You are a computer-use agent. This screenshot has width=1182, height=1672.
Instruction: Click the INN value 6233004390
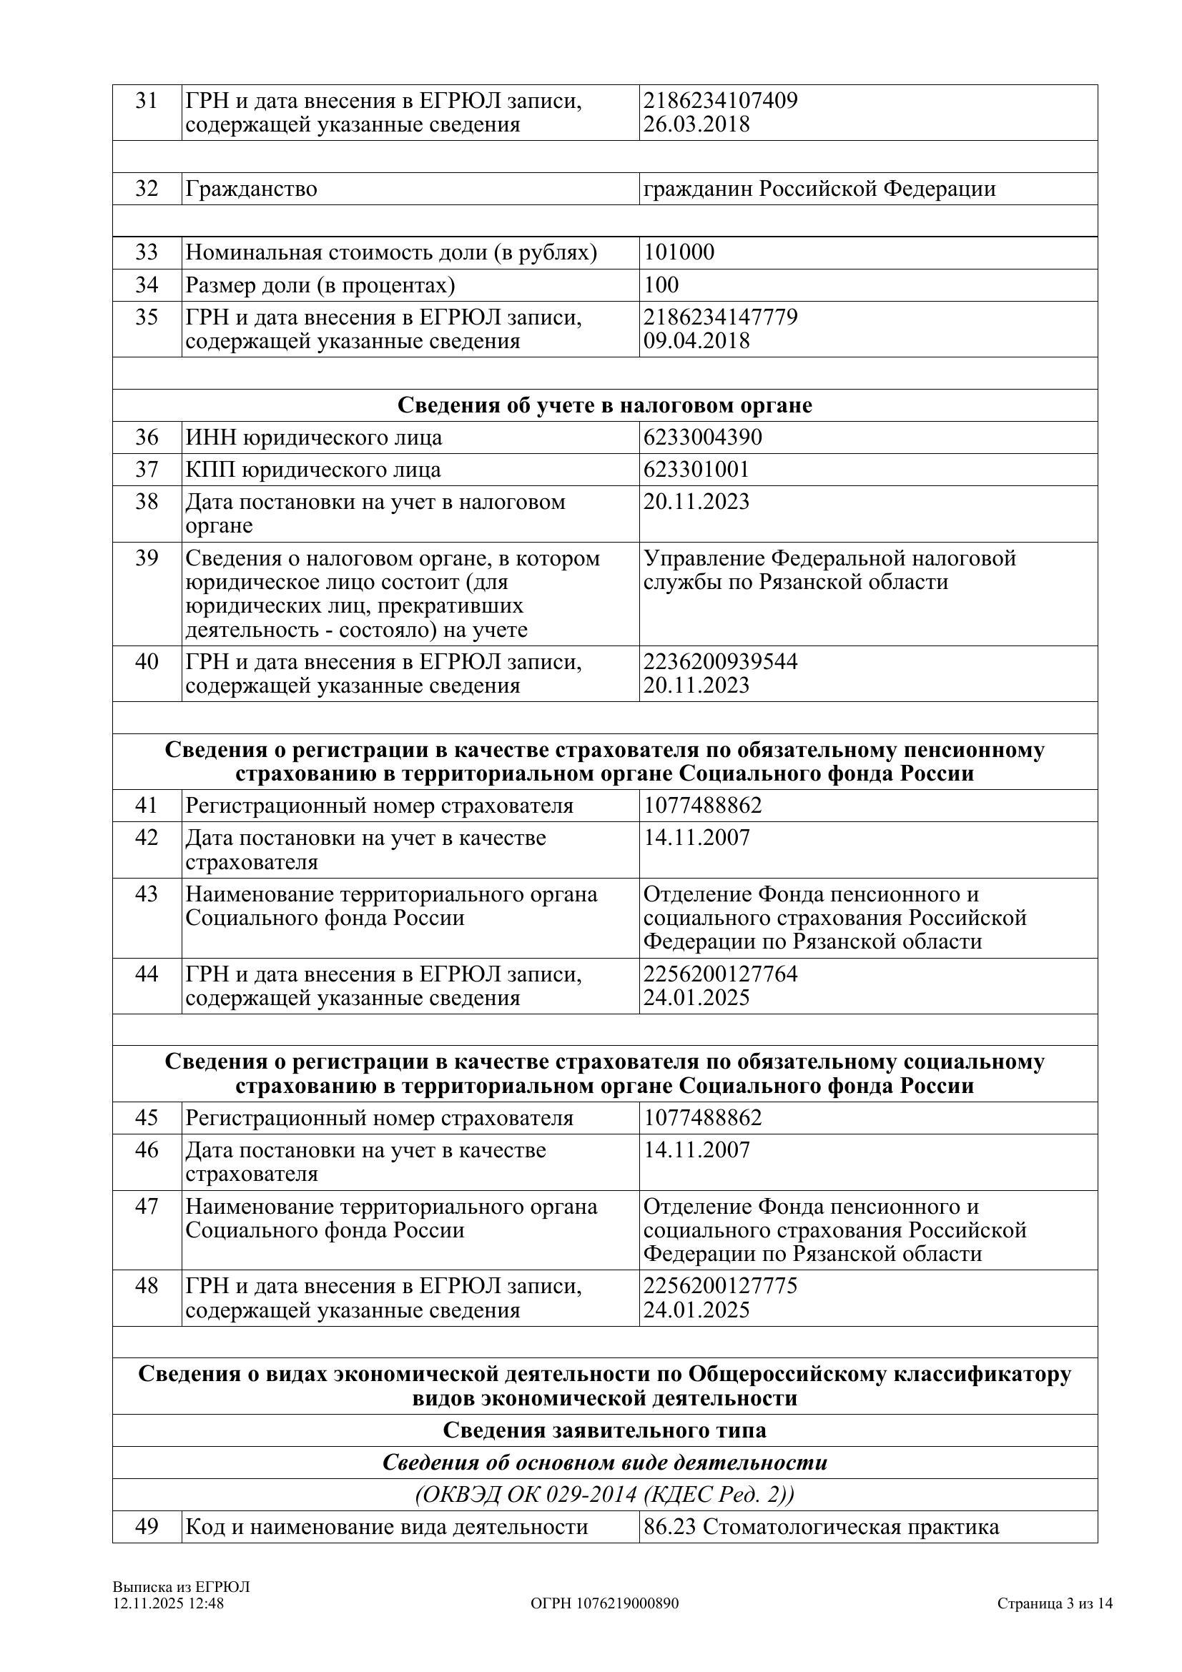tap(702, 437)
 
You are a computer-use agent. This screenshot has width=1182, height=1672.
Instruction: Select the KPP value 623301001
tap(696, 469)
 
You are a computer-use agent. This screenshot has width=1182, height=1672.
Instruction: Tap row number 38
tap(147, 502)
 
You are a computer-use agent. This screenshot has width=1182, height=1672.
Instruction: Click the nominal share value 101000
tap(679, 252)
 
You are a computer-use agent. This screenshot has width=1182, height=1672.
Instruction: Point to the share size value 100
tap(661, 284)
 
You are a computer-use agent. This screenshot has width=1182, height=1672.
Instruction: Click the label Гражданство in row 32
tap(251, 189)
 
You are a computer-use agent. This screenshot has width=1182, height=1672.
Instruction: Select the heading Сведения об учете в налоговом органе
tap(604, 405)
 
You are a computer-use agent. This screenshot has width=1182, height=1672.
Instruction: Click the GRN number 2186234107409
tap(720, 100)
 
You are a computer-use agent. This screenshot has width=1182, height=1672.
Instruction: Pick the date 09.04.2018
tap(696, 341)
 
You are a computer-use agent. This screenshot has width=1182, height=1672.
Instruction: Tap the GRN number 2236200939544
tap(720, 661)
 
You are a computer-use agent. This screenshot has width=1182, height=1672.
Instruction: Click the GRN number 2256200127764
tap(720, 973)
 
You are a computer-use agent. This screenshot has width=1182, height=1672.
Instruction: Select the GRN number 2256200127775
tap(720, 1285)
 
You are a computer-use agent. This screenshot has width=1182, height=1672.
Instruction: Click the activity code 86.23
tap(670, 1526)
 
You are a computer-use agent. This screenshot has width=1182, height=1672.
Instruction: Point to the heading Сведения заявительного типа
tap(604, 1430)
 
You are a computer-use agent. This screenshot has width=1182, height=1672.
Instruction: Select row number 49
tap(147, 1526)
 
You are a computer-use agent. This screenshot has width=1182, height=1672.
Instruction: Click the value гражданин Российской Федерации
tap(819, 189)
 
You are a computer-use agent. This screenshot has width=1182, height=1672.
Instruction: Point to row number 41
tap(147, 806)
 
